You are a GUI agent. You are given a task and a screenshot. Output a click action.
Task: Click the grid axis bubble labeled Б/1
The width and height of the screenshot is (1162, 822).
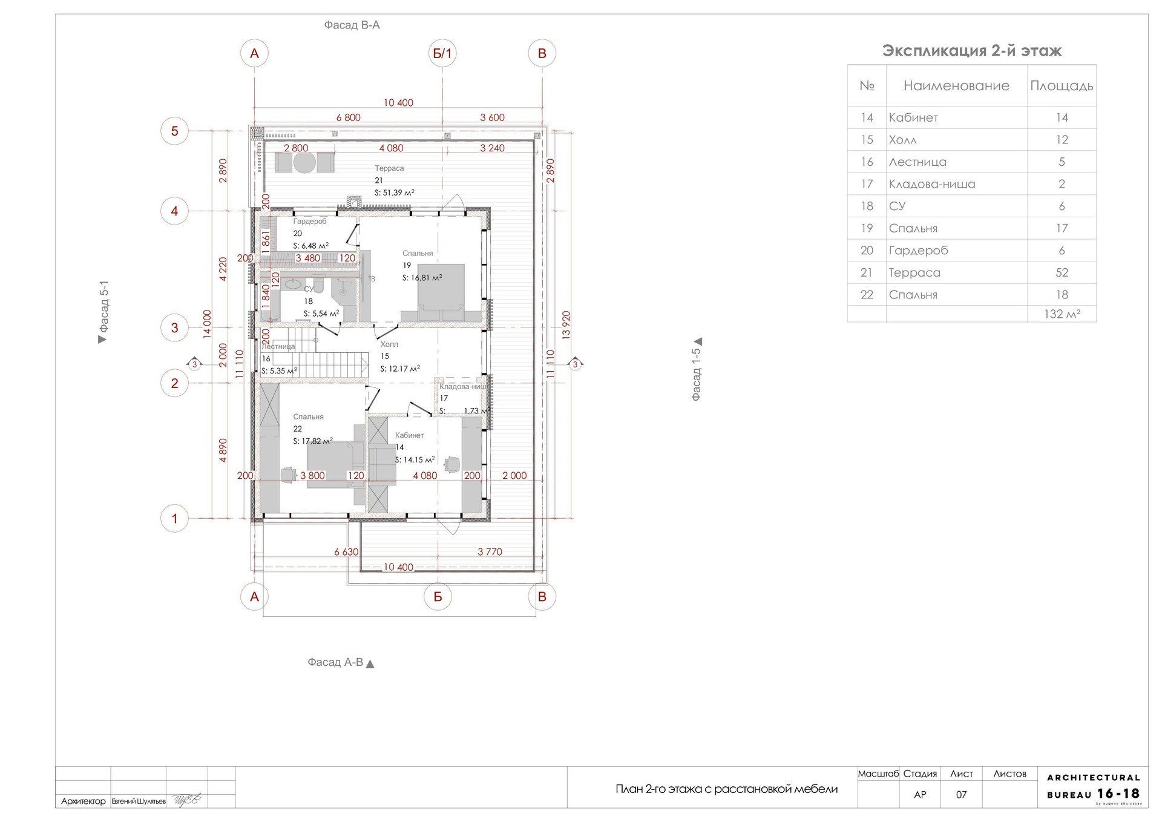pos(442,53)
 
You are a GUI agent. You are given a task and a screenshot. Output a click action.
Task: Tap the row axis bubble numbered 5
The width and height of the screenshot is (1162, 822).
pos(175,131)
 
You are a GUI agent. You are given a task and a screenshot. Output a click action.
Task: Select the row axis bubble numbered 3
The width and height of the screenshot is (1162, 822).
pos(175,327)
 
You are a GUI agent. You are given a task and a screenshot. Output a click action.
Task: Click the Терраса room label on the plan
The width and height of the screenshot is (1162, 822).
pos(389,168)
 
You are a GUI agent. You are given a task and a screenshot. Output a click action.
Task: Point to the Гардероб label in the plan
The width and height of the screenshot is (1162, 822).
pos(310,222)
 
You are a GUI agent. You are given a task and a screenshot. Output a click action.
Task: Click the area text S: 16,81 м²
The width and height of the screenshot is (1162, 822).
pos(422,278)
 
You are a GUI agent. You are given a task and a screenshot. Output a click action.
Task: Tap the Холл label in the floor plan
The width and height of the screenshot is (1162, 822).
pos(389,344)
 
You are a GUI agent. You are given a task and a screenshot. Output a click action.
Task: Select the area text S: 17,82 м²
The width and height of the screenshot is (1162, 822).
pos(313,441)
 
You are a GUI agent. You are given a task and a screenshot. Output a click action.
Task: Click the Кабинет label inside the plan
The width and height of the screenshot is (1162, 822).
pos(410,435)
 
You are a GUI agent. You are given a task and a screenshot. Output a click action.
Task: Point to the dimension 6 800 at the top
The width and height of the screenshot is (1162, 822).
pos(348,117)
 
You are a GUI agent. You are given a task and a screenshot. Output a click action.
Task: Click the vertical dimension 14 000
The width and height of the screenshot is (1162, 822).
pos(208,324)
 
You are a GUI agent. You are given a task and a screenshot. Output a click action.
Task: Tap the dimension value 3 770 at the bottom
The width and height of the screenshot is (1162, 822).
pos(490,551)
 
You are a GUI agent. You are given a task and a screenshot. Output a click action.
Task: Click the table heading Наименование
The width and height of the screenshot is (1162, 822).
pos(956,86)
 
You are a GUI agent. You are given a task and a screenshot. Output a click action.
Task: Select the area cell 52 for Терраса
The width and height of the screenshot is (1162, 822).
pos(1062,272)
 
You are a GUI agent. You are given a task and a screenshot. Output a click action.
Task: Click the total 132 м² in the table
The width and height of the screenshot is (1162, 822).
pos(1062,314)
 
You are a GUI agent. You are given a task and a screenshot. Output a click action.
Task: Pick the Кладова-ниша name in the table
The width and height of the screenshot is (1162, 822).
pos(932,184)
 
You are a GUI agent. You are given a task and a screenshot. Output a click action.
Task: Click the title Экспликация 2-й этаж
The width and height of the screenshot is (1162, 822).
pos(971,51)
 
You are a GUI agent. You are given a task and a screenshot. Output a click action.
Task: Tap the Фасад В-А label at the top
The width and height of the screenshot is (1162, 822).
pos(352,25)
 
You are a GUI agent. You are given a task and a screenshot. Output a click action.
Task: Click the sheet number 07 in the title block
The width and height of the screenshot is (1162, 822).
pos(961,795)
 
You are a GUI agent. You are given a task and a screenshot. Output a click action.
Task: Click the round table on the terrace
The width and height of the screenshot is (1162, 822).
pos(304,162)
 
